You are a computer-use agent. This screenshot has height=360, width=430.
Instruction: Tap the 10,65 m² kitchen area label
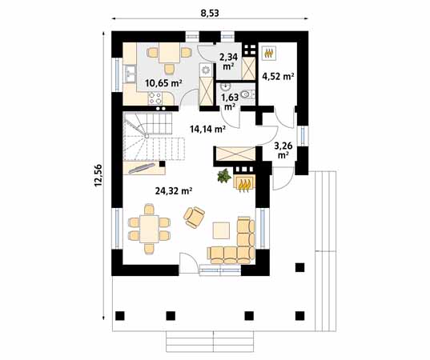162,82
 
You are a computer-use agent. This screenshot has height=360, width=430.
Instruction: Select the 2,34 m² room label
229,62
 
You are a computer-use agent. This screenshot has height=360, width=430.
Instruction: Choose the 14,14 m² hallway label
207,128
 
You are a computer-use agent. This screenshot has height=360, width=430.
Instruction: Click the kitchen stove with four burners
155,99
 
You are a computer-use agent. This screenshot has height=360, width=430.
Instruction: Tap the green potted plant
223,176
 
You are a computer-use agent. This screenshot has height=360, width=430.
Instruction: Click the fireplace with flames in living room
243,183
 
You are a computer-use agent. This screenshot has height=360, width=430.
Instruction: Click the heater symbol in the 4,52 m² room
270,53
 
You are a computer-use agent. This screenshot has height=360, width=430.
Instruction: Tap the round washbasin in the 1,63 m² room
227,86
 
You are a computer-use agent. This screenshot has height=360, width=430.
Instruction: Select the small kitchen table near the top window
169,54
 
